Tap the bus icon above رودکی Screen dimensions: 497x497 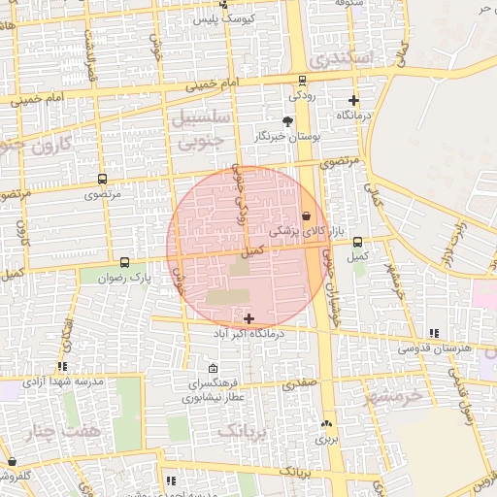click(x=302, y=81)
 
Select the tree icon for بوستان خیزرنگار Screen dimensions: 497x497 click(x=287, y=121)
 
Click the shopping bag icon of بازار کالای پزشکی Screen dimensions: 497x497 click(x=307, y=215)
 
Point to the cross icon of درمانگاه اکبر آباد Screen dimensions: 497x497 click(x=249, y=318)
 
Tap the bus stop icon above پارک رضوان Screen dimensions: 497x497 click(x=124, y=262)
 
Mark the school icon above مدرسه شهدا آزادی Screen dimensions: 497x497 click(x=62, y=367)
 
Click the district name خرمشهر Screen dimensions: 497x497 click(x=395, y=396)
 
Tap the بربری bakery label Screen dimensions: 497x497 click(x=324, y=439)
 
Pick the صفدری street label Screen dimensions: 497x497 click(x=300, y=384)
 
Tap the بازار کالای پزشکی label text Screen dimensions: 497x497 click(x=292, y=232)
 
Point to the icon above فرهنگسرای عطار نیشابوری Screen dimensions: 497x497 click(x=214, y=369)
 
